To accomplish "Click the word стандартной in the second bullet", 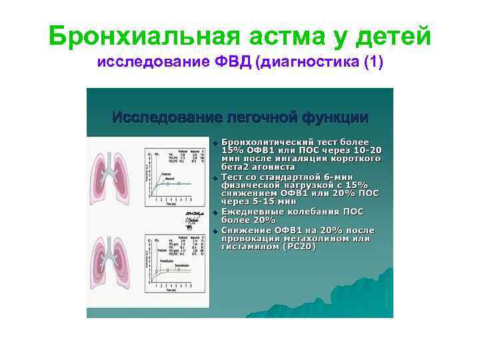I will tap(290, 176).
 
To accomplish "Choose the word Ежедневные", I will tap(255, 211).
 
